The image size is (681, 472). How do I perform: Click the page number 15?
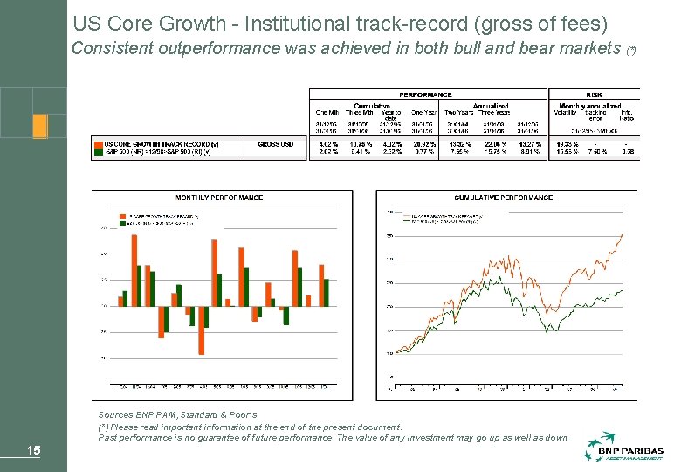click(33, 451)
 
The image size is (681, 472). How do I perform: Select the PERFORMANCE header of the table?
click(425, 94)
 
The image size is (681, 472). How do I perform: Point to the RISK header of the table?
click(594, 94)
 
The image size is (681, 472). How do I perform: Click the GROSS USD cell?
click(282, 144)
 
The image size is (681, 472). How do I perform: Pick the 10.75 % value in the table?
click(361, 144)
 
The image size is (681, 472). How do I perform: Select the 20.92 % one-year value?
click(424, 144)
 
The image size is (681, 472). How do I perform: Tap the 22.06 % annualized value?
click(495, 144)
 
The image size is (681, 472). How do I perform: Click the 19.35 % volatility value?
click(567, 144)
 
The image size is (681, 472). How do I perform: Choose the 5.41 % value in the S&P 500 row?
click(361, 151)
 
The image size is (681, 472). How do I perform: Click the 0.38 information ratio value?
click(627, 151)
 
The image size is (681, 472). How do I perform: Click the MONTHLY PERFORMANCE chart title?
click(219, 198)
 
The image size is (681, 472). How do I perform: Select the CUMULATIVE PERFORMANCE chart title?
click(503, 198)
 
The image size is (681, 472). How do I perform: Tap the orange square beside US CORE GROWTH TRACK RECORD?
click(98, 144)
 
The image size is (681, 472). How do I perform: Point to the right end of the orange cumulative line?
click(622, 234)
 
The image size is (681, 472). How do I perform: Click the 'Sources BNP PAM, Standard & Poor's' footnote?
click(177, 413)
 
